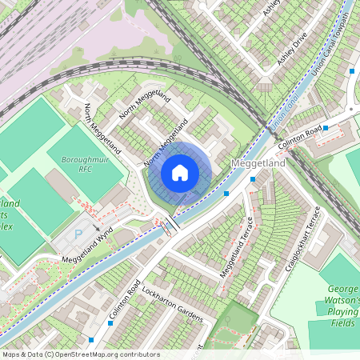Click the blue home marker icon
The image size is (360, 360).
(x=180, y=172)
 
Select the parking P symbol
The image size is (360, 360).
(x=78, y=235)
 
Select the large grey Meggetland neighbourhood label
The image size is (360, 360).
(x=258, y=163)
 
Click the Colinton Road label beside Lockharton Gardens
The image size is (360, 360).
(x=126, y=300)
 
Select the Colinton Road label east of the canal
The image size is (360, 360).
(x=300, y=136)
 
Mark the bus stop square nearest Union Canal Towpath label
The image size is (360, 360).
(x=351, y=71)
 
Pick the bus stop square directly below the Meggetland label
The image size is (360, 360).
(x=253, y=179)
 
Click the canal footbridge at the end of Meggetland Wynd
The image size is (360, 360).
(x=170, y=226)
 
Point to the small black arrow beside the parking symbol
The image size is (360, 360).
(x=96, y=227)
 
